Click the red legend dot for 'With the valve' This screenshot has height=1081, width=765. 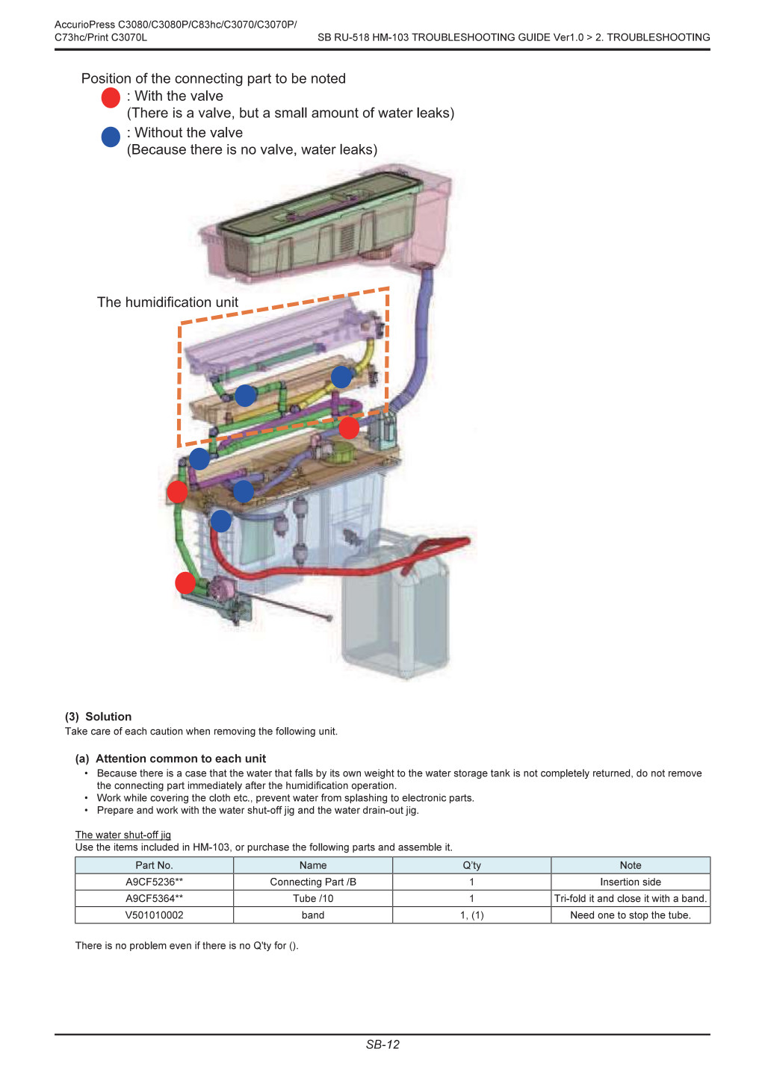[111, 98]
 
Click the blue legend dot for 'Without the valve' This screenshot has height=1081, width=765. [111, 137]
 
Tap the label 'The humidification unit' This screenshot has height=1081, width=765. [167, 302]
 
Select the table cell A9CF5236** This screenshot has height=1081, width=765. [154, 882]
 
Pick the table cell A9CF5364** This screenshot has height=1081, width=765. [154, 898]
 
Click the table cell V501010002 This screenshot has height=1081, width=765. [154, 915]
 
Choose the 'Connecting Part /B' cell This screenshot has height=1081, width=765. [313, 882]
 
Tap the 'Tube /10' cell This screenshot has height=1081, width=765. [313, 898]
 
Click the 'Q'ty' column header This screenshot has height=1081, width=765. [471, 865]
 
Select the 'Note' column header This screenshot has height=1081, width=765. [631, 865]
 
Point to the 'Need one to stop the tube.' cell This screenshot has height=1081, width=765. [631, 915]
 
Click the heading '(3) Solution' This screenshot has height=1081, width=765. [98, 717]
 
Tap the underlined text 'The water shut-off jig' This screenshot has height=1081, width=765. [123, 835]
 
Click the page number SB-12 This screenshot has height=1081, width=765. [382, 1044]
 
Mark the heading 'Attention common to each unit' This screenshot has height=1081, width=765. [181, 758]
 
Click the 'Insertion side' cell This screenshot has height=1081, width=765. [631, 882]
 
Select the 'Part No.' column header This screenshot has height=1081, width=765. [154, 865]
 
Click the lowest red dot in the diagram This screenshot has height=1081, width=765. [185, 582]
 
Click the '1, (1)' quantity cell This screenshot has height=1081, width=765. [471, 915]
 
